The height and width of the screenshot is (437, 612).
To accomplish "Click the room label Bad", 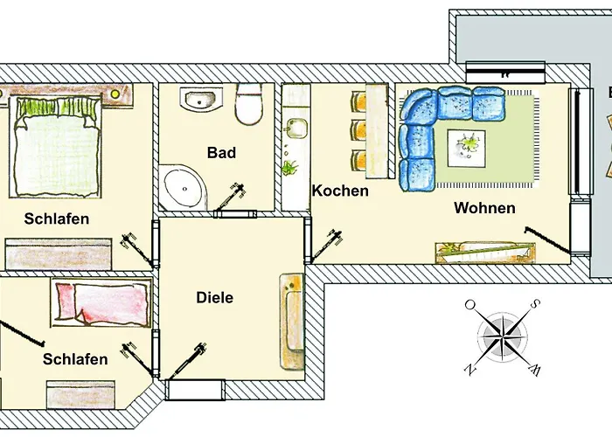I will tap(221, 153).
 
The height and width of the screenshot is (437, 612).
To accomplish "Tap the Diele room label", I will tap(215, 298).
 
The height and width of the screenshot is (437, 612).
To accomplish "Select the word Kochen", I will tap(340, 191).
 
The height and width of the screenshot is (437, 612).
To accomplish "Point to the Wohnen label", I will tap(484, 209).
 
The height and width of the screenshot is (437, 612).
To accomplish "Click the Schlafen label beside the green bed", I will tap(57, 218).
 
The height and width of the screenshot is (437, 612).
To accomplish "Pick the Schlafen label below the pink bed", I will tap(75, 359).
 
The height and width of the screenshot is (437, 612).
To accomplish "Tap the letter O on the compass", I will tap(470, 305).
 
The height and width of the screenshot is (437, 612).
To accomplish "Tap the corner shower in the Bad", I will tap(184, 187).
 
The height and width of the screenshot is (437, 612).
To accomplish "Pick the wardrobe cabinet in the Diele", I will tap(290, 320).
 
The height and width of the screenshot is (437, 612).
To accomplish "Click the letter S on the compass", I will tap(532, 305).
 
